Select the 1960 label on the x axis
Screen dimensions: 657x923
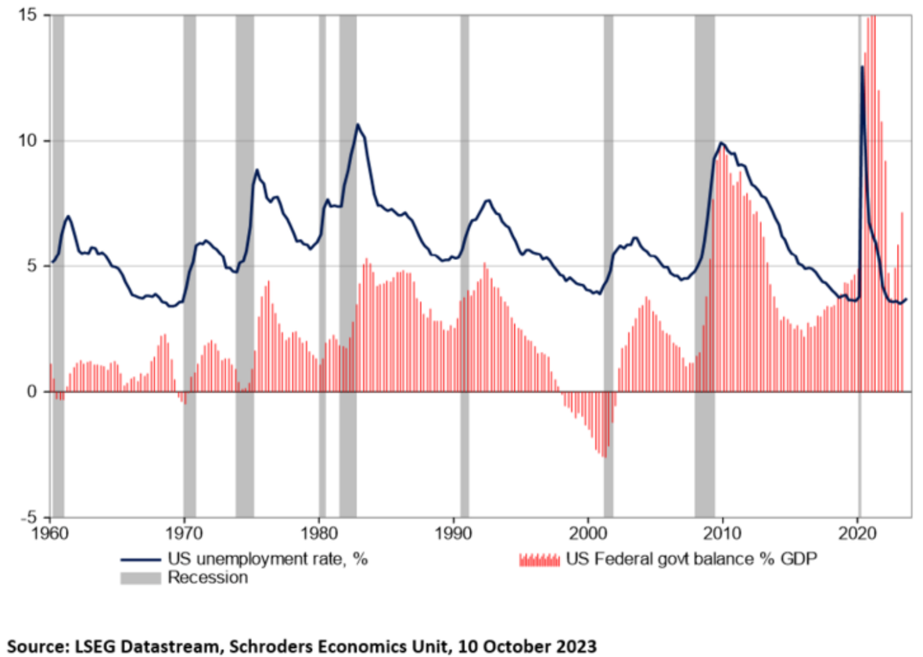click(51, 533)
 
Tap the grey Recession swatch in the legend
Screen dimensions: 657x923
click(141, 578)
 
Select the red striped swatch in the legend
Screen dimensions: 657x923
click(540, 560)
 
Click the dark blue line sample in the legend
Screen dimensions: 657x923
click(141, 560)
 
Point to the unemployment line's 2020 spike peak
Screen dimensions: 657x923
click(862, 66)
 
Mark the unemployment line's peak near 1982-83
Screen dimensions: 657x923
click(357, 124)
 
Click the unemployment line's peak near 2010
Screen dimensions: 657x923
click(721, 142)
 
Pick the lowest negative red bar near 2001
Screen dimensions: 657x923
click(604, 456)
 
